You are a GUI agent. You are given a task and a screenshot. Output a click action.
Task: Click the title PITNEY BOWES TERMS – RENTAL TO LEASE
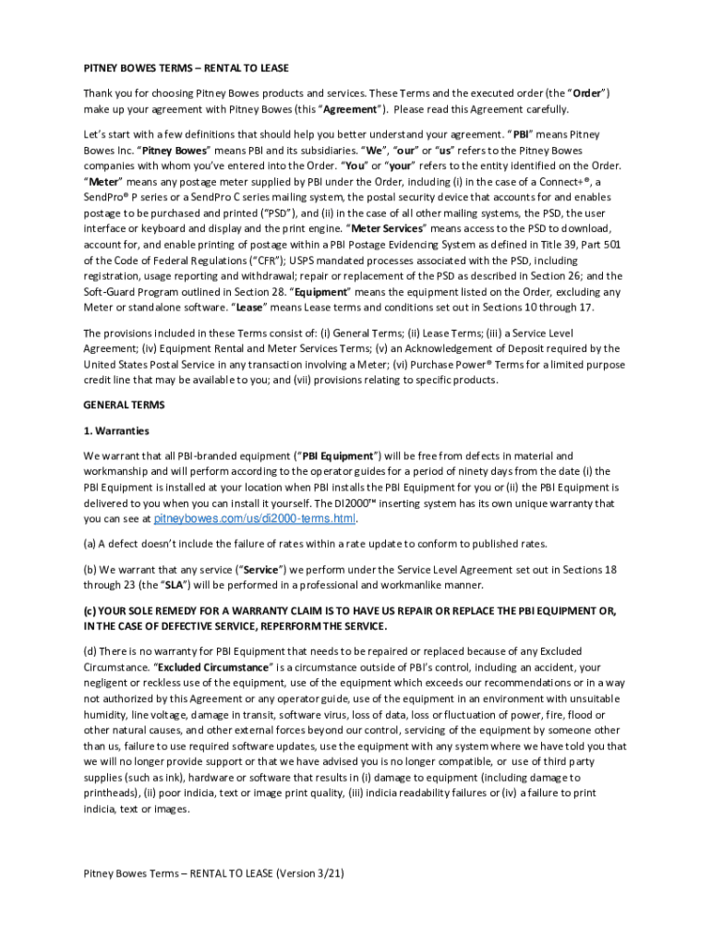point(186,68)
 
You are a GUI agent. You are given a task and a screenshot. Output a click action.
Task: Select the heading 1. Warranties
point(116,431)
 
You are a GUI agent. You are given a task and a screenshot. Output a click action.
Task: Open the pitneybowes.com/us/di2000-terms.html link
point(254,519)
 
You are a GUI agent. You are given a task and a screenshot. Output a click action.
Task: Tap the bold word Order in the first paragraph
point(587,93)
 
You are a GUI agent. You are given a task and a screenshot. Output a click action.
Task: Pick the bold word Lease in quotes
point(249,307)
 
